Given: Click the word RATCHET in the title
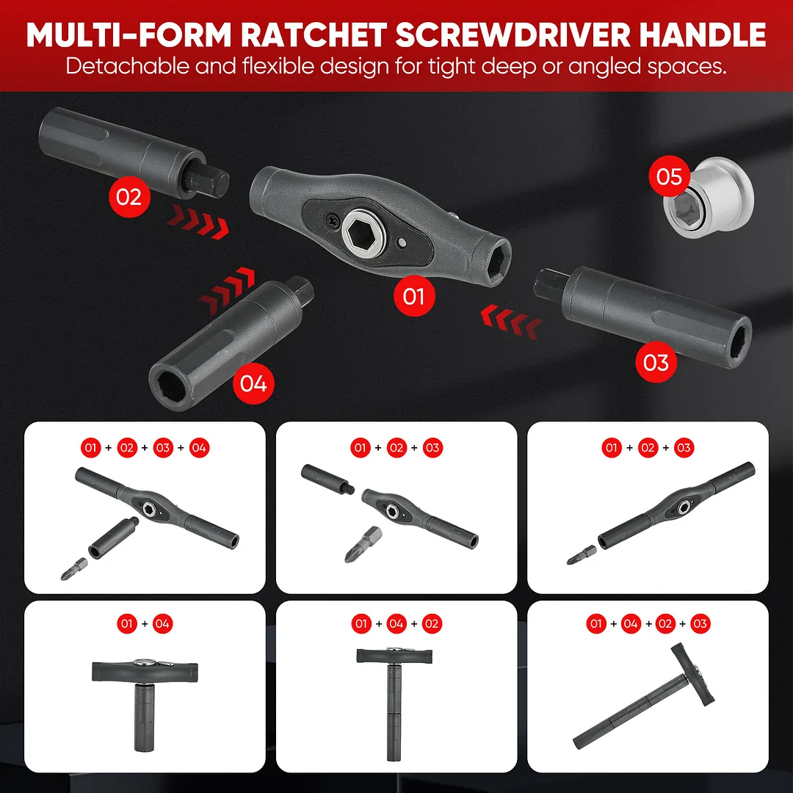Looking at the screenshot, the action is (313, 35).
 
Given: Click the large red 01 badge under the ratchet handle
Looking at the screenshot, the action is (414, 297).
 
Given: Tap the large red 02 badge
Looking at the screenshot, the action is (129, 197).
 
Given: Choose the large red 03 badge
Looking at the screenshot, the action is (656, 363).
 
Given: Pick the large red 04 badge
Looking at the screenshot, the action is (253, 383).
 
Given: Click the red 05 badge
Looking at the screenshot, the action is (670, 176).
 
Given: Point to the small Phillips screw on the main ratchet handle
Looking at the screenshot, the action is (332, 220).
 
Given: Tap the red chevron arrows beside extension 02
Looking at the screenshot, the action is (198, 222).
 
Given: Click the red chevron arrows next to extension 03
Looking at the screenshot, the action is (511, 322).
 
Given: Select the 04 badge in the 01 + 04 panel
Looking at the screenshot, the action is (162, 623).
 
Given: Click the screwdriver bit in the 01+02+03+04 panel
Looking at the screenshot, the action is (74, 569).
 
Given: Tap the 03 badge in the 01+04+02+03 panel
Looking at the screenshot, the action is (700, 623).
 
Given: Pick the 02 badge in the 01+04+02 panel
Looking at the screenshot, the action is (432, 623).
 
